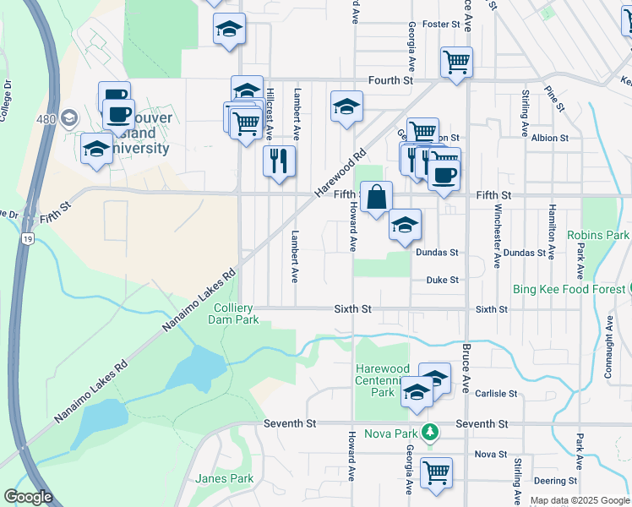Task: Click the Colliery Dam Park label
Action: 236,314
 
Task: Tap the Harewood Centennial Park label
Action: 383,380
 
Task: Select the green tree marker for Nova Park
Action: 430,433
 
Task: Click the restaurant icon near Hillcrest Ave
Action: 279,160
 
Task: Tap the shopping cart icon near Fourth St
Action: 456,61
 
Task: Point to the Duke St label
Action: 442,280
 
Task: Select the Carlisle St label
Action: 495,394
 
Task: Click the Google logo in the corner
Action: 27,496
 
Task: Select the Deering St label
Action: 554,480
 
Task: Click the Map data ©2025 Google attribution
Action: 580,500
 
